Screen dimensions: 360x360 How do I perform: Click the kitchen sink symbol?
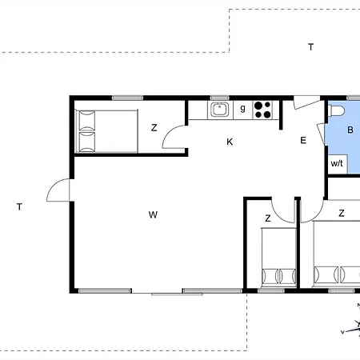(x=219, y=110)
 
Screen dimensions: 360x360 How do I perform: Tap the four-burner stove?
(x=262, y=110)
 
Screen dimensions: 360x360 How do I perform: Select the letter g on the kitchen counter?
(x=242, y=108)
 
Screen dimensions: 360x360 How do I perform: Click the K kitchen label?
(x=230, y=142)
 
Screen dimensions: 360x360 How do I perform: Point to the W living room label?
(x=153, y=214)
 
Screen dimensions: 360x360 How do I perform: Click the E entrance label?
(x=303, y=140)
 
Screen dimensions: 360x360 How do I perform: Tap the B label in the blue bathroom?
(x=350, y=130)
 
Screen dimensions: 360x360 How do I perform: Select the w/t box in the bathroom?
(x=338, y=164)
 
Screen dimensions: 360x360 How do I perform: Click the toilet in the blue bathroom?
(x=336, y=110)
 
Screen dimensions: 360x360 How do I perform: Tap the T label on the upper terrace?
(x=310, y=47)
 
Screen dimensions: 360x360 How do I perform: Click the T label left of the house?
(x=19, y=206)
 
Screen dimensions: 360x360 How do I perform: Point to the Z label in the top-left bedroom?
(x=154, y=128)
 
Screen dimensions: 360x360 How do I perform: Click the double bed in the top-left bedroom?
(x=106, y=131)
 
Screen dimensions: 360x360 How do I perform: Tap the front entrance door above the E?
(x=306, y=102)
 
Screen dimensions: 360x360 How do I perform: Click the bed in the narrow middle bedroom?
(x=278, y=257)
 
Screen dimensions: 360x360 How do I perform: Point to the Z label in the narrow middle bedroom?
(x=268, y=218)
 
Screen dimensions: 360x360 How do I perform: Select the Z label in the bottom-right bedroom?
(x=342, y=213)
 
